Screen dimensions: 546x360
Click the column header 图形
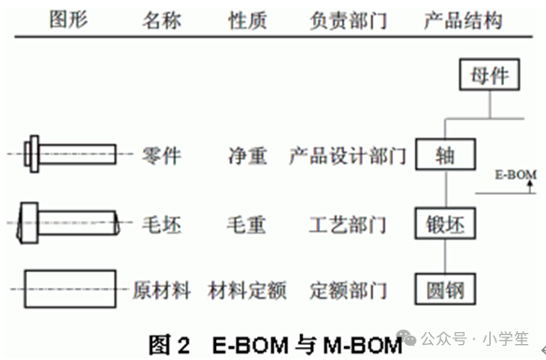pyautogui.click(x=68, y=20)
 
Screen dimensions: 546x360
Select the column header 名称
pyautogui.click(x=162, y=20)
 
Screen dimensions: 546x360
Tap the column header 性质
pyautogui.click(x=248, y=20)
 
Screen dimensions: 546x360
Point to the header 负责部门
pyautogui.click(x=348, y=21)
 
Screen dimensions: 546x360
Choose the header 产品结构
pyautogui.click(x=463, y=21)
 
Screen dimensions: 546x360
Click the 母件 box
pyautogui.click(x=490, y=75)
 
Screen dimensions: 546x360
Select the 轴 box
pyautogui.click(x=445, y=154)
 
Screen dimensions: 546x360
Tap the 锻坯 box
pyautogui.click(x=445, y=223)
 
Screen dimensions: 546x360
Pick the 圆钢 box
pyautogui.click(x=445, y=289)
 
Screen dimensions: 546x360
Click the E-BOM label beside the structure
pyautogui.click(x=516, y=175)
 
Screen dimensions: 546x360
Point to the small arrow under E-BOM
pyautogui.click(x=530, y=186)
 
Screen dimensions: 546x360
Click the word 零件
pyautogui.click(x=162, y=155)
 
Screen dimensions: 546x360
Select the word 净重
pyautogui.click(x=248, y=155)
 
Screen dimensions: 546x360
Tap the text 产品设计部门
pyautogui.click(x=348, y=155)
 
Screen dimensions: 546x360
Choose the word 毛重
pyautogui.click(x=247, y=224)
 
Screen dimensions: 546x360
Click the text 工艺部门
pyautogui.click(x=348, y=224)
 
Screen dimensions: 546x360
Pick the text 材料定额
pyautogui.click(x=247, y=291)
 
